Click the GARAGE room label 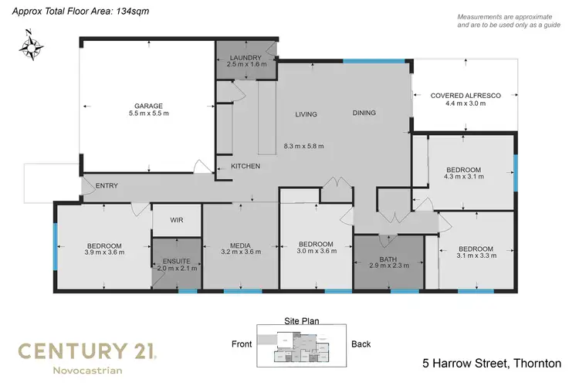147,105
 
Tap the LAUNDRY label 246,57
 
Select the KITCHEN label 245,166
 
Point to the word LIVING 306,114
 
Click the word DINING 364,113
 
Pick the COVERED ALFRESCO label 466,95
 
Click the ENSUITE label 177,260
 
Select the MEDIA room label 239,245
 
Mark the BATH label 388,259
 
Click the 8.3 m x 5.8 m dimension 304,146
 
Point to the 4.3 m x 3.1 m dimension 463,177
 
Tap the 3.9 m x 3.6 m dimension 104,251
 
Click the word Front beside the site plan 243,344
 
